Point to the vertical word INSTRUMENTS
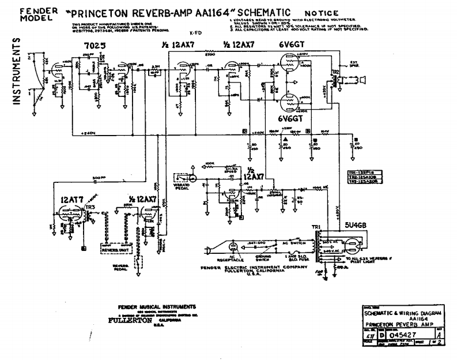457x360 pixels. pos(17,72)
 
